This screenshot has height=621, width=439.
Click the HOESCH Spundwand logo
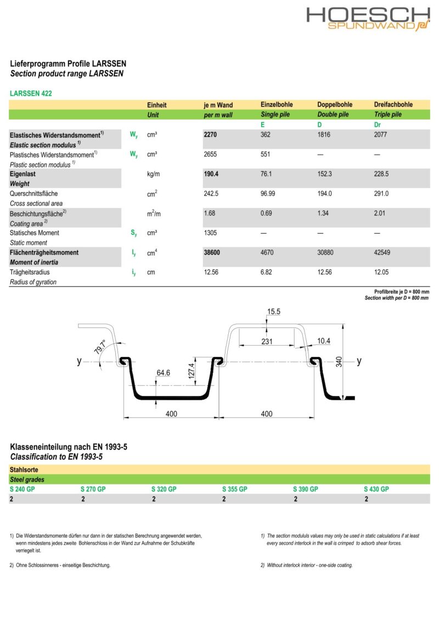[x=368, y=19]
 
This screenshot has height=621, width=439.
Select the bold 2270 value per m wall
[x=211, y=134]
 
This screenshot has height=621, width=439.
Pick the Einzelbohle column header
[x=277, y=105]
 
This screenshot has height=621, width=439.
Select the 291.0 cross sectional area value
[x=381, y=194]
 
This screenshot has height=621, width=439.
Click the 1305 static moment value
[x=210, y=233]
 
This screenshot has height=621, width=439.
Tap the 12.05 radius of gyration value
[x=381, y=272]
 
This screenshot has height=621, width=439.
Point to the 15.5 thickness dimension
[x=274, y=312]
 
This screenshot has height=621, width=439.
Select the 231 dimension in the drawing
[x=267, y=342]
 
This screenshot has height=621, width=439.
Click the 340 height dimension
[x=339, y=362]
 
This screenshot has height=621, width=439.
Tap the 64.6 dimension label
[x=163, y=373]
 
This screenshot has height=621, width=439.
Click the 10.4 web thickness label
[x=324, y=341]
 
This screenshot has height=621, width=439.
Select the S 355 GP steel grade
[x=235, y=489]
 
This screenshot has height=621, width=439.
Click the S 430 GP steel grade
[x=376, y=489]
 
